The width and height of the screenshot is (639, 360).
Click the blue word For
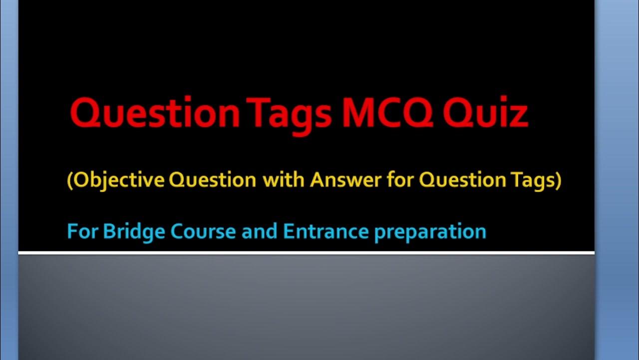pos(82,231)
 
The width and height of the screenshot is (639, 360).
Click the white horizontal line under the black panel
pos(307,253)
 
